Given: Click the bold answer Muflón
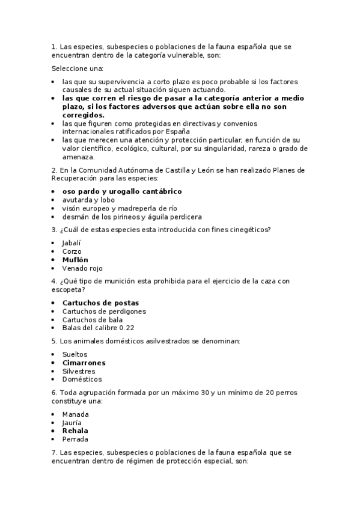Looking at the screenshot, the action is pyautogui.click(x=75, y=260).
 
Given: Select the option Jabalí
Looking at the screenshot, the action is pyautogui.click(x=72, y=243).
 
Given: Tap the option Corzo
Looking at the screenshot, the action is pyautogui.click(x=72, y=251).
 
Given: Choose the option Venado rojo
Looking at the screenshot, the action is pyautogui.click(x=83, y=268).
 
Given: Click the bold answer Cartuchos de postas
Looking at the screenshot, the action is pyautogui.click(x=100, y=303).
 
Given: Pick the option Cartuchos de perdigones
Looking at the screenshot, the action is pyautogui.click(x=104, y=311).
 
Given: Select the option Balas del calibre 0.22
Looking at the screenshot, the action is pyautogui.click(x=98, y=328).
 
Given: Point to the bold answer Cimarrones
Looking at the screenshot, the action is pyautogui.click(x=84, y=363).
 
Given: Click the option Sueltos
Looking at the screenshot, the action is pyautogui.click(x=75, y=354).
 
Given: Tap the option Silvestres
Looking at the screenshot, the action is pyautogui.click(x=78, y=371).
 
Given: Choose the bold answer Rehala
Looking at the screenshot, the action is pyautogui.click(x=75, y=431).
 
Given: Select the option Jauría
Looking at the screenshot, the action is pyautogui.click(x=72, y=422).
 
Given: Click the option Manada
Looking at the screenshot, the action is pyautogui.click(x=75, y=414).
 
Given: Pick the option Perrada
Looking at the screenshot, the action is pyautogui.click(x=76, y=439).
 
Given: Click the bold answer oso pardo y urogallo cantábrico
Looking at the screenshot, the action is pyautogui.click(x=122, y=191).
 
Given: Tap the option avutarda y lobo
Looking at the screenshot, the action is pyautogui.click(x=88, y=200).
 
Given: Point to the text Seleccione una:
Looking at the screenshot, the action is pyautogui.click(x=78, y=69).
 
